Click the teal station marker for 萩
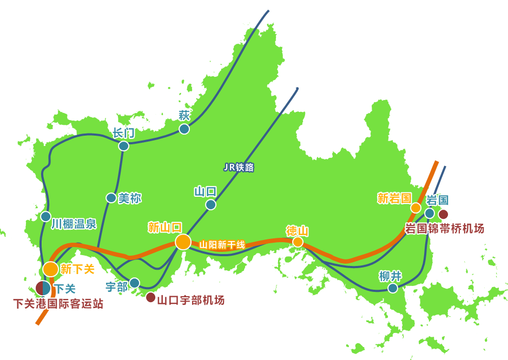[x=184, y=129]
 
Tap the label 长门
[x=123, y=133]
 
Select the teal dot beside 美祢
[x=111, y=198]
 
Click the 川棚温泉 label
[x=74, y=223]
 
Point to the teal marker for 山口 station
[x=210, y=204]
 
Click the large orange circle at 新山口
[x=183, y=242]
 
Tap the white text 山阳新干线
[x=222, y=245]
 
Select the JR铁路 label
[x=239, y=168]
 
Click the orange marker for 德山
[x=298, y=242]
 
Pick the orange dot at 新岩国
[x=415, y=208]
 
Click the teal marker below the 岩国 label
[x=430, y=213]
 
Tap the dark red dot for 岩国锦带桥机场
[x=443, y=214]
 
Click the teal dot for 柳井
[x=393, y=288]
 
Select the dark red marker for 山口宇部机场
[x=150, y=297]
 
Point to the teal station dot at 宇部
[x=134, y=283]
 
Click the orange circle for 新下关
[x=50, y=269]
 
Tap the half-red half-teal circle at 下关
[x=43, y=289]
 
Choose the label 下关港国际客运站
[x=58, y=304]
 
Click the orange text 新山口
[x=165, y=228]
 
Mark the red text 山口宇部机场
[x=190, y=300]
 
